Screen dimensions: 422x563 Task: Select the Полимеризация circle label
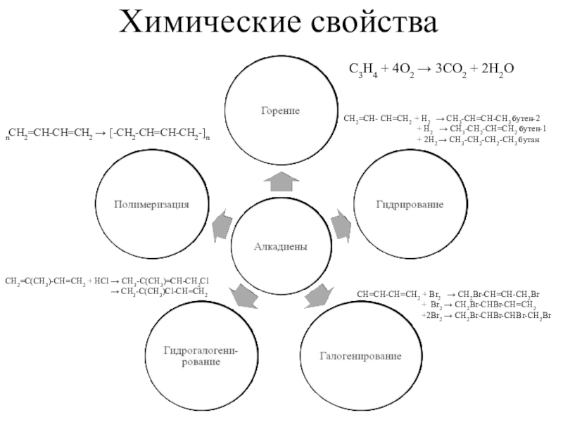152,204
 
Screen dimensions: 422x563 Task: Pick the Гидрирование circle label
408,204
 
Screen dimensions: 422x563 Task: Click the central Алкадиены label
281,245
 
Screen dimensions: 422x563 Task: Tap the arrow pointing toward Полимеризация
221,224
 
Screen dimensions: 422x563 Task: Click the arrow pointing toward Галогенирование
317,296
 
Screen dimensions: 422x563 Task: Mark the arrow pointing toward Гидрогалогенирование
246,295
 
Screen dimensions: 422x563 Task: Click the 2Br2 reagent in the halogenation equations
433,316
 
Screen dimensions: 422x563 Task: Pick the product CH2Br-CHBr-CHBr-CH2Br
504,316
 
